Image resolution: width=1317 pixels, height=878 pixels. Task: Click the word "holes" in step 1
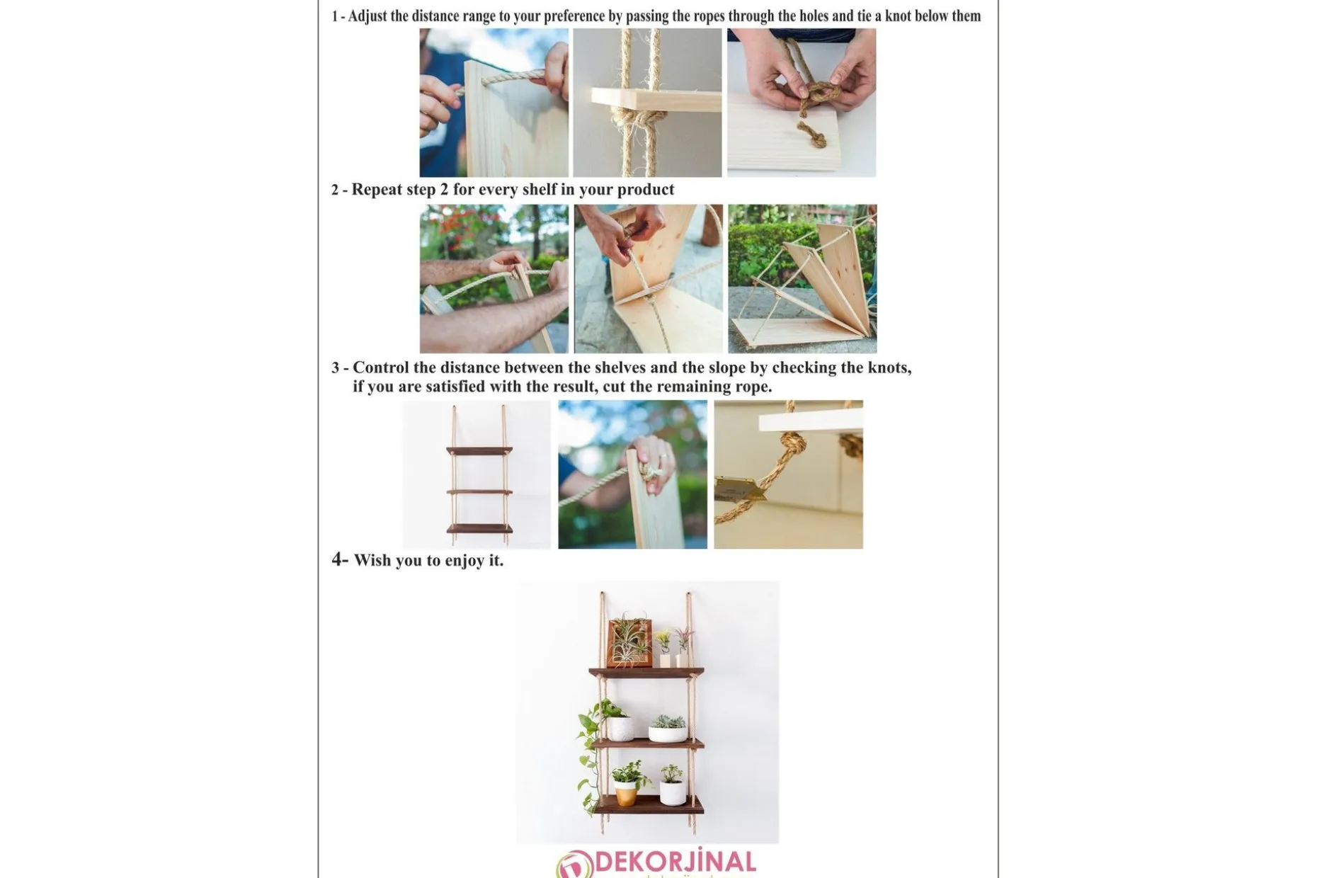click(814, 16)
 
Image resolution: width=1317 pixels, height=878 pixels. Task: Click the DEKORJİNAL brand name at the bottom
click(675, 862)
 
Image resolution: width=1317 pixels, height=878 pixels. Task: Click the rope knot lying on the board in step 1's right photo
click(811, 134)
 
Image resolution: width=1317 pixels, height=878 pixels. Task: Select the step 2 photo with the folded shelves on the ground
click(802, 279)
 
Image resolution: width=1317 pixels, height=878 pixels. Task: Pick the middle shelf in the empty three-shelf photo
click(479, 491)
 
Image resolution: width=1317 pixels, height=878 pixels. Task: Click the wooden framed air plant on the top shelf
click(629, 642)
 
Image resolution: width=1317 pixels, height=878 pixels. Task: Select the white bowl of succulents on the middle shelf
click(668, 729)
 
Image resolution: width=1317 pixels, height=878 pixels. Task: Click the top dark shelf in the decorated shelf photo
click(646, 672)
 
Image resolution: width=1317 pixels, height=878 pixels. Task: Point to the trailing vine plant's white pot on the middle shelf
click(620, 728)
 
